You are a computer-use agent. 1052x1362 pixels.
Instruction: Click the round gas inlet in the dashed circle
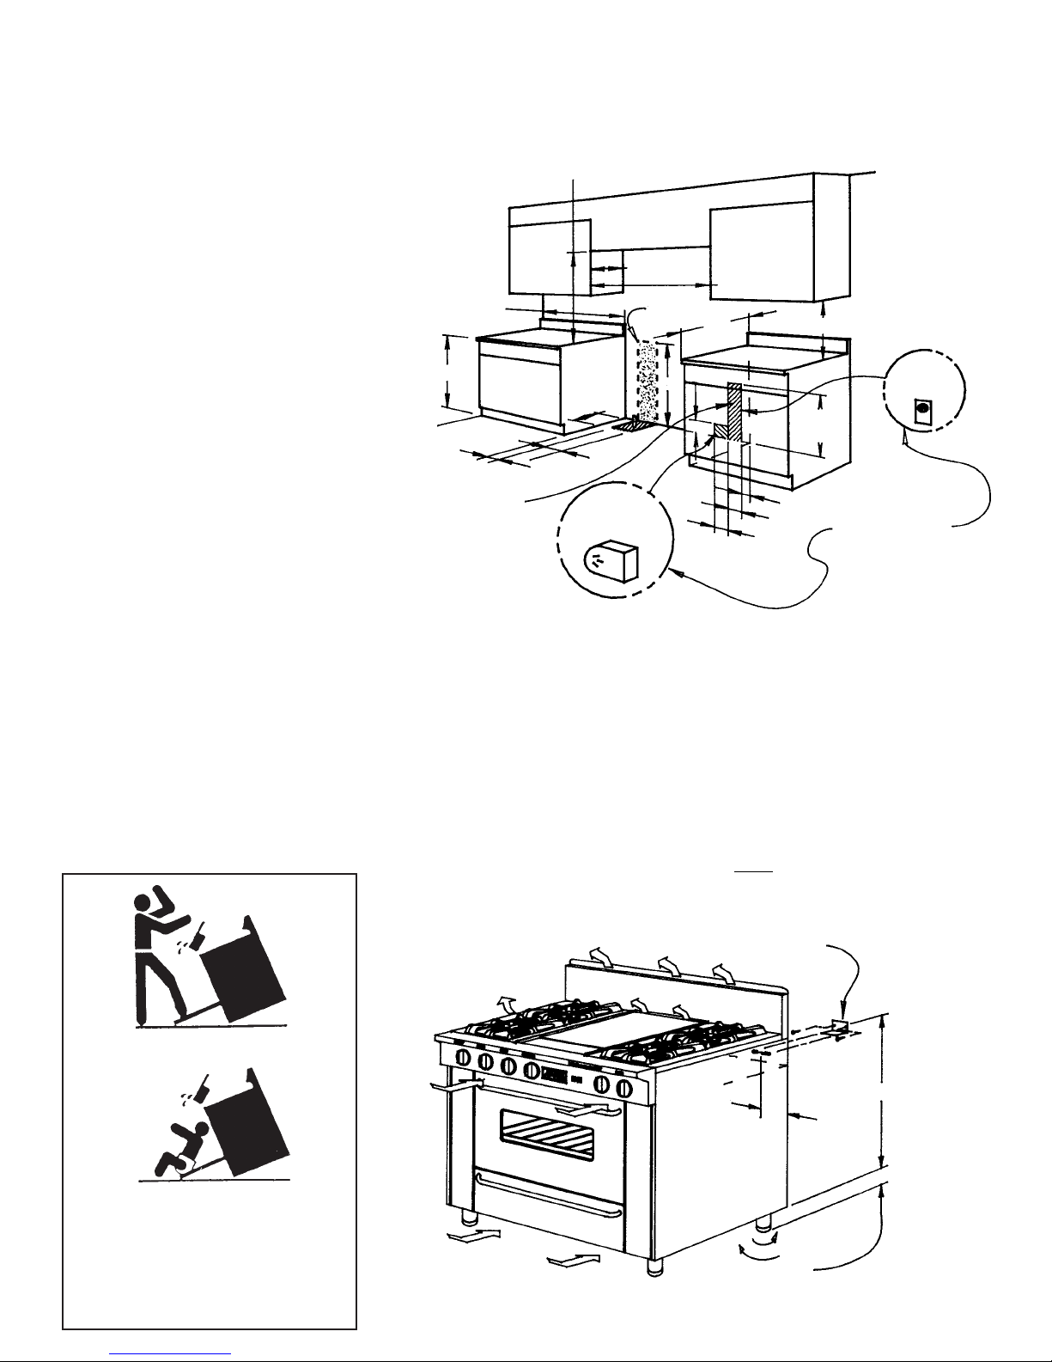point(923,411)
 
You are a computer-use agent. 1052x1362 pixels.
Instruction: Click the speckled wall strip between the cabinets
point(646,378)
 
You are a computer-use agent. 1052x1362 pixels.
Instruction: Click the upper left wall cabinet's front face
point(550,256)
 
